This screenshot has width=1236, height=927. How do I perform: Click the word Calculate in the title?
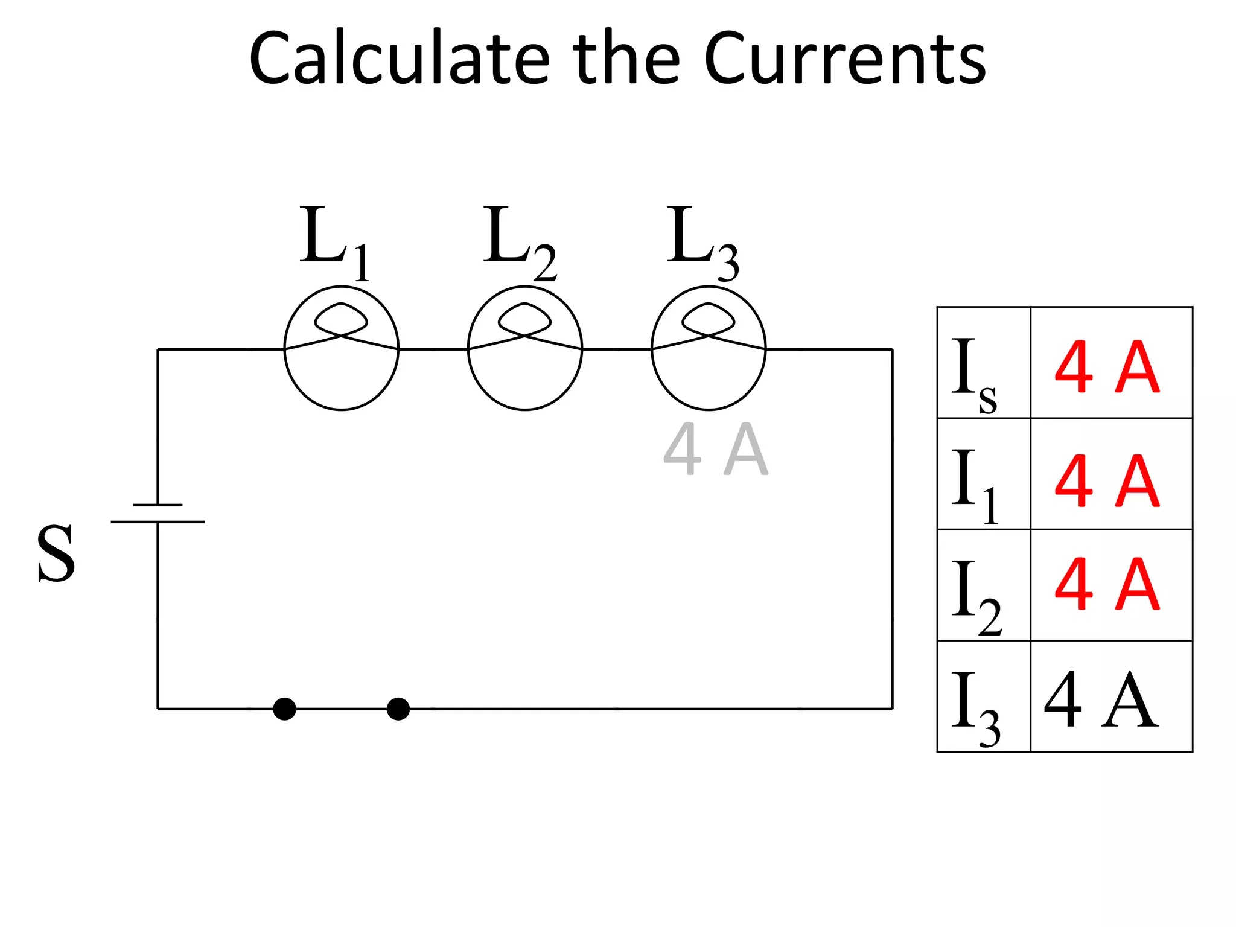(399, 59)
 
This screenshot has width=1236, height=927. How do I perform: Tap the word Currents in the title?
(844, 59)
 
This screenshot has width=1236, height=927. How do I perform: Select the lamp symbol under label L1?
(342, 348)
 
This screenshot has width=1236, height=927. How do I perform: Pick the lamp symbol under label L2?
(525, 348)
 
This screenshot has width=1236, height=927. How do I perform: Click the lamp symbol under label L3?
(709, 348)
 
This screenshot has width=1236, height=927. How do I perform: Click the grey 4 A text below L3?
(716, 450)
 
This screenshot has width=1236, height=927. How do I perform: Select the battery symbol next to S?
(158, 514)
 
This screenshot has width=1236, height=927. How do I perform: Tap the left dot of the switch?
(284, 709)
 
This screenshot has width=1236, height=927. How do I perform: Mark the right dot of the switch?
(398, 709)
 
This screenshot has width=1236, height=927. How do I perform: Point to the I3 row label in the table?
(975, 707)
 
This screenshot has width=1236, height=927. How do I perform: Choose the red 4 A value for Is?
(1107, 368)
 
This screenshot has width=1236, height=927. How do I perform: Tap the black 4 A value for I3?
(1101, 700)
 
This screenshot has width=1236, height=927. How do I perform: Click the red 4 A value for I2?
(1107, 584)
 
